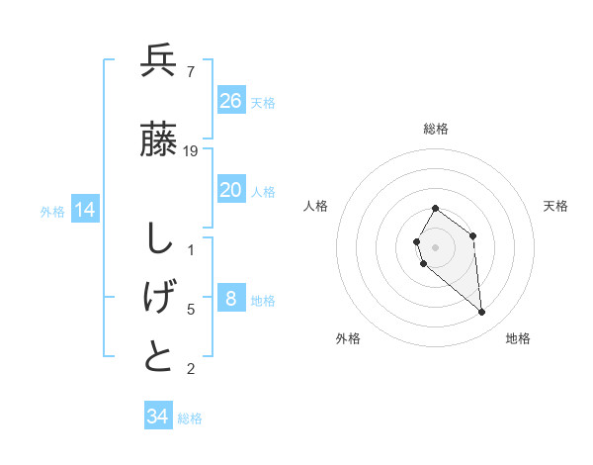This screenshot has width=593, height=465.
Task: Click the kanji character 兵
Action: (x=158, y=61)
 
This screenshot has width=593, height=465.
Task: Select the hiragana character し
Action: (x=158, y=238)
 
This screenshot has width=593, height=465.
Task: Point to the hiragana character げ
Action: (x=158, y=296)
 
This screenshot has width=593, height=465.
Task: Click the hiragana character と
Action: (x=158, y=356)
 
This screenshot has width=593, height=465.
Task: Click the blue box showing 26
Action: (x=231, y=101)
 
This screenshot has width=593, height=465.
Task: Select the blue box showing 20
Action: (x=231, y=190)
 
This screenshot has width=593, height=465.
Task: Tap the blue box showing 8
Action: (x=231, y=299)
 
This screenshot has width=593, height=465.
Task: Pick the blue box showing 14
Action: (x=85, y=210)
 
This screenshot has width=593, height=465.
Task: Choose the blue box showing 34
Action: (x=158, y=417)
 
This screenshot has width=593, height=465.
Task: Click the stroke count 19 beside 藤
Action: (x=191, y=151)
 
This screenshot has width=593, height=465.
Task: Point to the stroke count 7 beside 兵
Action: (x=190, y=71)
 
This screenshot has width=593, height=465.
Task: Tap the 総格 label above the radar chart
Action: (x=436, y=129)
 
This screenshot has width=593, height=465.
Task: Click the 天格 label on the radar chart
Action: (x=555, y=206)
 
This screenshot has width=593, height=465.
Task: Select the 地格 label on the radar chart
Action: (x=518, y=338)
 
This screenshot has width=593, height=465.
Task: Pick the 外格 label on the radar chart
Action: (x=348, y=338)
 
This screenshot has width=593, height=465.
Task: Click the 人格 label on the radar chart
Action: (x=315, y=206)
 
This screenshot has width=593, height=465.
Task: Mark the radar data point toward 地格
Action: (x=482, y=313)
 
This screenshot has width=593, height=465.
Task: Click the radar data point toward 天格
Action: (x=473, y=235)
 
